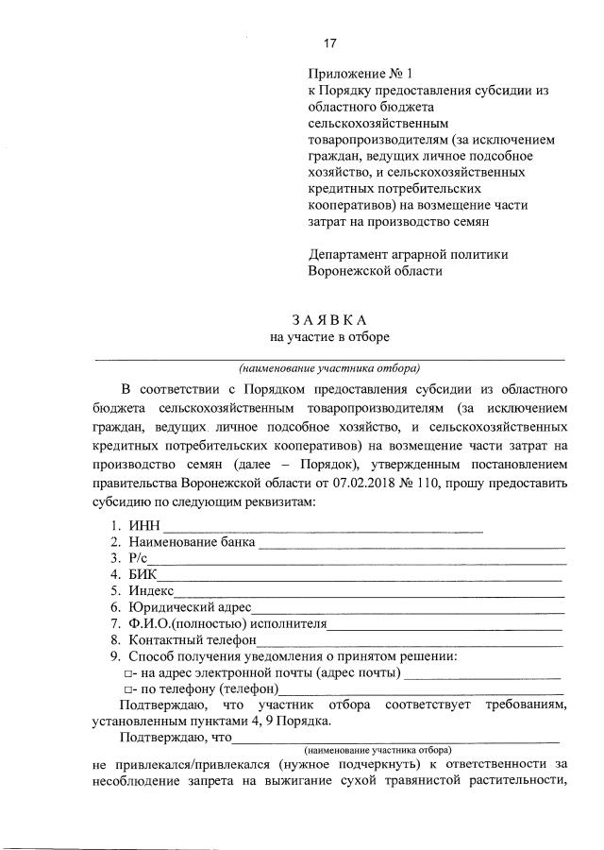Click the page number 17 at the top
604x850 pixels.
tap(330, 43)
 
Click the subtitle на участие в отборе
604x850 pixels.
tap(329, 336)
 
